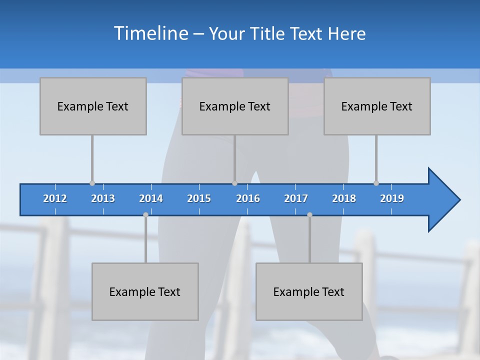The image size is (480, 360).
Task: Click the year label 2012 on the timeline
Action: (x=55, y=198)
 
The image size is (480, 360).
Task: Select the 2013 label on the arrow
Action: (x=103, y=198)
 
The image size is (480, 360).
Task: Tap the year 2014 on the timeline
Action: (x=151, y=198)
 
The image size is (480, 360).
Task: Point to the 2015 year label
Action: (x=199, y=198)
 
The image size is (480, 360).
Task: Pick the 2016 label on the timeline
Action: (x=248, y=198)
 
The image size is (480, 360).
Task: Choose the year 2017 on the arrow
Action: (x=296, y=198)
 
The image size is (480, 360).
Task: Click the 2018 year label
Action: (x=344, y=198)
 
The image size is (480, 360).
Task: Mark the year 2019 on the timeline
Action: (x=392, y=198)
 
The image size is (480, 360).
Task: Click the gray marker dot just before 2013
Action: (x=92, y=183)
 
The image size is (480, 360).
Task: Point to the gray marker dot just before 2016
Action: (x=234, y=183)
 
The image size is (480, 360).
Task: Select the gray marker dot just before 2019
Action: (x=376, y=183)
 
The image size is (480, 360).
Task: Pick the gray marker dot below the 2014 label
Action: (x=145, y=214)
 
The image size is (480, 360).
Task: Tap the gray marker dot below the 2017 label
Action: (x=309, y=214)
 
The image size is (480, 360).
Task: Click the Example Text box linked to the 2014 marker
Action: (x=145, y=291)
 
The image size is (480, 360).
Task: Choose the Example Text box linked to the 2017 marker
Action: (x=309, y=291)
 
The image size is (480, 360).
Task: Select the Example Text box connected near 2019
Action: (x=377, y=106)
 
